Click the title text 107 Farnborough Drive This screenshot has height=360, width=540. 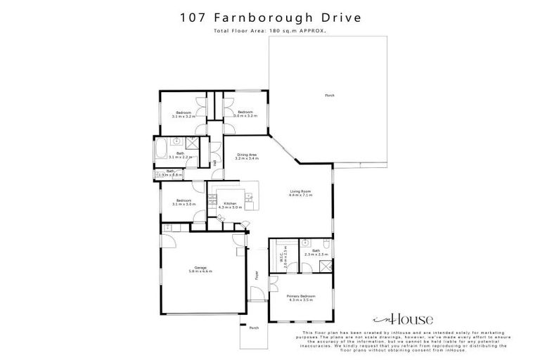pyautogui.click(x=270, y=17)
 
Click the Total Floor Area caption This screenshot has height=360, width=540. pyautogui.click(x=270, y=31)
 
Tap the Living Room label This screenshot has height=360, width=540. pyautogui.click(x=301, y=193)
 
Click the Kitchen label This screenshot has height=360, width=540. pyautogui.click(x=230, y=205)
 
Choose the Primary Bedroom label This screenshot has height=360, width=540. pyautogui.click(x=301, y=298)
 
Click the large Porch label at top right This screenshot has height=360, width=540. pyautogui.click(x=329, y=96)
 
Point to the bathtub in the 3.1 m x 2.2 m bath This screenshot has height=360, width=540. pyautogui.click(x=160, y=151)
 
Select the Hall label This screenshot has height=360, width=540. pyautogui.click(x=214, y=163)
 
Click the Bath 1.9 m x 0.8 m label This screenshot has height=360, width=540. pyautogui.click(x=171, y=172)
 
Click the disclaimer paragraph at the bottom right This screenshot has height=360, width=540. pyautogui.click(x=404, y=340)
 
